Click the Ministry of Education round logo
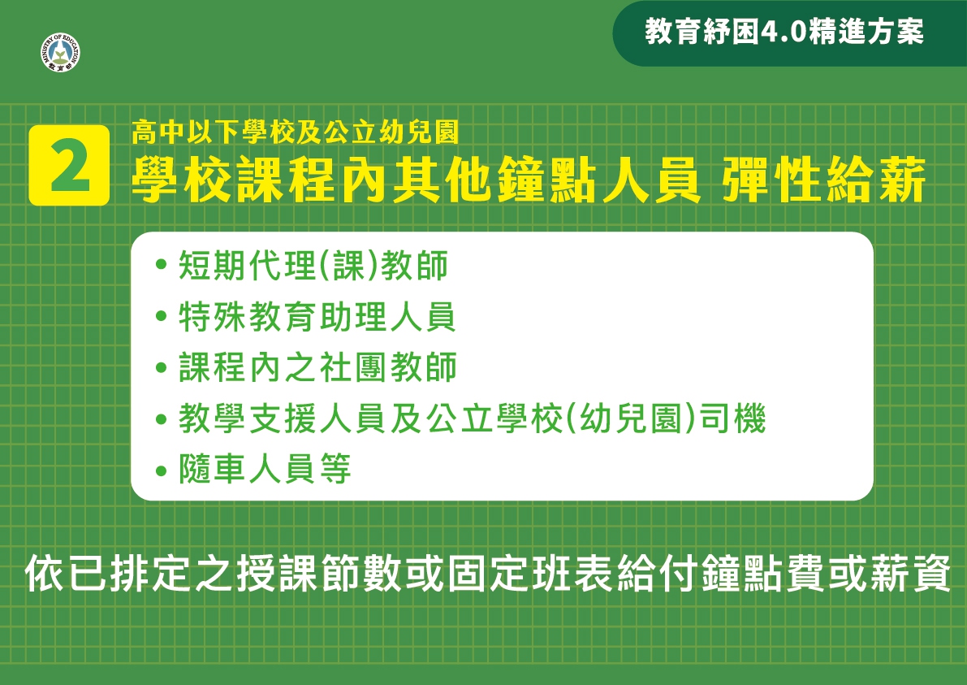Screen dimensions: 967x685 (60, 53)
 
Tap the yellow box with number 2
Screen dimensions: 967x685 (69, 165)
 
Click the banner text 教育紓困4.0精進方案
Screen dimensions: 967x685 (784, 32)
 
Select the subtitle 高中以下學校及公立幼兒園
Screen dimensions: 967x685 (296, 132)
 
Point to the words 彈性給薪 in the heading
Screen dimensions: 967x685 (824, 180)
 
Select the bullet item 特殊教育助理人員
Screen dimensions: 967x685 (317, 317)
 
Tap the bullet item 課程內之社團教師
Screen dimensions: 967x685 (317, 368)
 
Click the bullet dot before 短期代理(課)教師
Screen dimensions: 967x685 (162, 266)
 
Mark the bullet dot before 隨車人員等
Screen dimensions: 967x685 (162, 470)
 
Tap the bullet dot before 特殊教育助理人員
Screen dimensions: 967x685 (162, 317)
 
